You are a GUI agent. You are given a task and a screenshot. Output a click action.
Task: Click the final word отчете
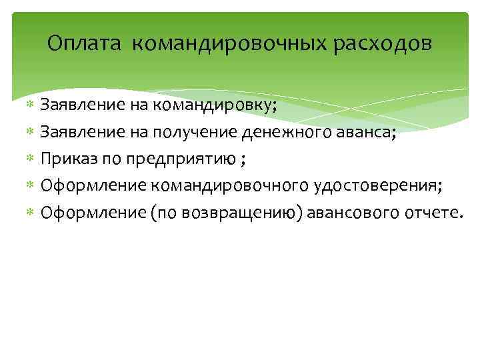[432, 213]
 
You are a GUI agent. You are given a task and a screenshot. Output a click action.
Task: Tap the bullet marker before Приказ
[29, 159]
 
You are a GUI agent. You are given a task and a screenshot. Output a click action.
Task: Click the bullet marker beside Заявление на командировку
[29, 105]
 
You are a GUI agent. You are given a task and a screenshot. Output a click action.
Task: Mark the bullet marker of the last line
[29, 213]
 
